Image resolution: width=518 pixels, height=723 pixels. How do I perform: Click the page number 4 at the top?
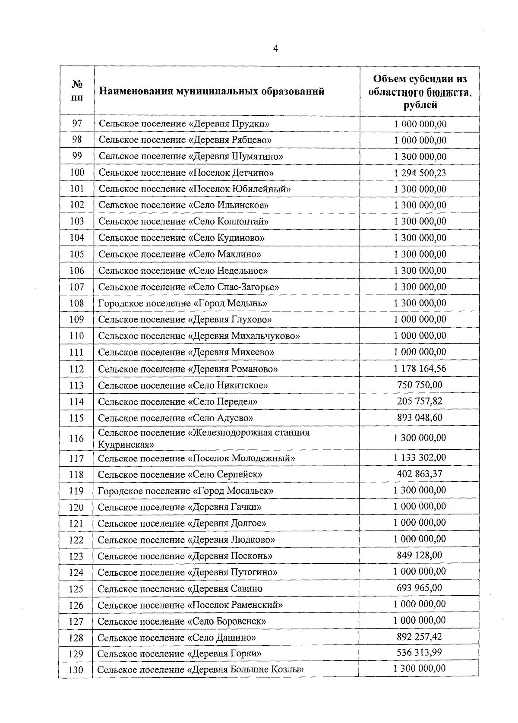click(275, 49)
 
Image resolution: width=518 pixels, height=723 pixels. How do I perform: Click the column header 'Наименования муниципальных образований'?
click(212, 92)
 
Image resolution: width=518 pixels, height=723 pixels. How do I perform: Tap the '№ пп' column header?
click(77, 91)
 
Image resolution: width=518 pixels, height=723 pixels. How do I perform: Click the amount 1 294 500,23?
click(420, 173)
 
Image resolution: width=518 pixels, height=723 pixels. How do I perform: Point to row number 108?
click(76, 303)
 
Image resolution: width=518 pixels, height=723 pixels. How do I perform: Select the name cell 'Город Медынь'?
click(183, 303)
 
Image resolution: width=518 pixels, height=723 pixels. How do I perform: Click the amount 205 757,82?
click(419, 401)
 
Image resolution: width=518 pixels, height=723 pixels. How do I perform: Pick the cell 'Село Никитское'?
click(183, 385)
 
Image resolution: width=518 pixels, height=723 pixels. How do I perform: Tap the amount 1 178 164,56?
click(420, 368)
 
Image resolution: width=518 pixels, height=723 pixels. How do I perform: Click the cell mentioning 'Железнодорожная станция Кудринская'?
click(204, 438)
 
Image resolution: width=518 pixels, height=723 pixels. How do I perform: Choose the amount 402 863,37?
click(419, 474)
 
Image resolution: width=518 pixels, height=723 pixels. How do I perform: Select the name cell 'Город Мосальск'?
click(186, 491)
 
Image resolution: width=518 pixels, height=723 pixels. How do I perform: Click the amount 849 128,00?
click(419, 555)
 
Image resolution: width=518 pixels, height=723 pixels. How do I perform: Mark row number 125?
click(76, 589)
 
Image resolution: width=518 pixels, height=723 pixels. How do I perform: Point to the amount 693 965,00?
click(419, 588)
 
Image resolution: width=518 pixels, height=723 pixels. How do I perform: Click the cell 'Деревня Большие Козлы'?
click(200, 670)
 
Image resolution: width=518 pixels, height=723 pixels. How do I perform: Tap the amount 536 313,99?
click(419, 652)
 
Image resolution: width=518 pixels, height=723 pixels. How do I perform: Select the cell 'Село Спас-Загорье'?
click(189, 287)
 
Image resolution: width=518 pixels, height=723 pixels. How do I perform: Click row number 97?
click(77, 123)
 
